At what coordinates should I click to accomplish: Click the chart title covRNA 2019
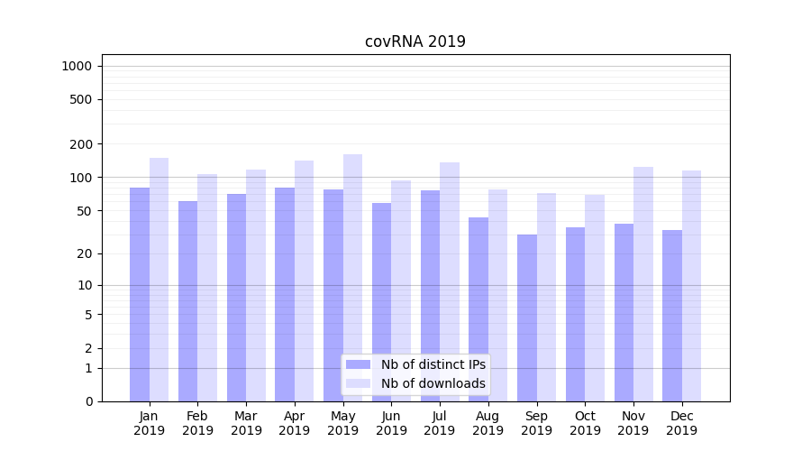415,41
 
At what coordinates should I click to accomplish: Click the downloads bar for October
595,298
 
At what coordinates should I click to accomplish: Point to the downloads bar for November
643,284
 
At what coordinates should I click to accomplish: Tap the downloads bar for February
207,288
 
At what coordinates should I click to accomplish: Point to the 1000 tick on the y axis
77,66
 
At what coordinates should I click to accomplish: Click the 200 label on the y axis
81,144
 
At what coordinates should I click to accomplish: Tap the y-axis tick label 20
85,253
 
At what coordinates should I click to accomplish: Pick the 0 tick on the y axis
88,401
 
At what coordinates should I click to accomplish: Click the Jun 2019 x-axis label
391,423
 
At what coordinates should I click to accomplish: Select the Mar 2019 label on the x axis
246,423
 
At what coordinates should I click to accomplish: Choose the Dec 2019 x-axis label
681,423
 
